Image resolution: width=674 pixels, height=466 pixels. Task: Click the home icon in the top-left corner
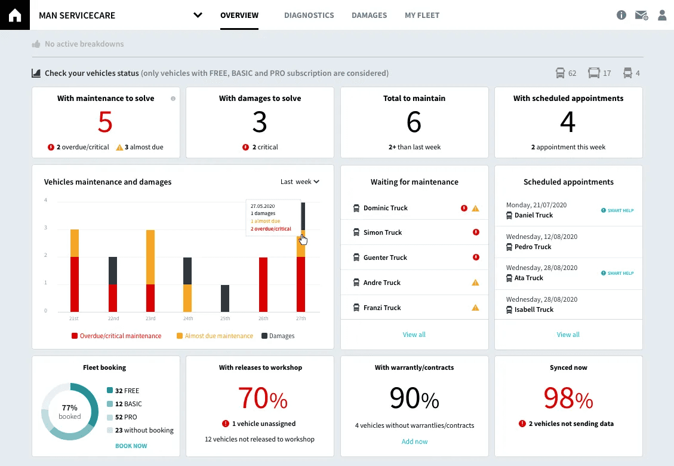(14, 15)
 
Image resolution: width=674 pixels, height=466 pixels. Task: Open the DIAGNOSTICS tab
(309, 16)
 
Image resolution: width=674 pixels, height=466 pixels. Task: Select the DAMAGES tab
(369, 16)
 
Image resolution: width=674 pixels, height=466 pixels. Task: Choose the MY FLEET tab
(421, 16)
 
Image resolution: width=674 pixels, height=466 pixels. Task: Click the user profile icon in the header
(661, 16)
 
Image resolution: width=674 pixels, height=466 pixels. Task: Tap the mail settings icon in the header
(641, 16)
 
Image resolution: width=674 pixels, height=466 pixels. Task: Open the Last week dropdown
(300, 182)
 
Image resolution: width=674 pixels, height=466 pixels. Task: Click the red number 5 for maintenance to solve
(105, 122)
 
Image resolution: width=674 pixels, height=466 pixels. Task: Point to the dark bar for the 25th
(225, 298)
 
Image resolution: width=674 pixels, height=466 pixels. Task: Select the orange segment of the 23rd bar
(150, 257)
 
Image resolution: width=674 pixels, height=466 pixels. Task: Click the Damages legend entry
(278, 336)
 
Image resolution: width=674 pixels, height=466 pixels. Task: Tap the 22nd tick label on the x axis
(112, 319)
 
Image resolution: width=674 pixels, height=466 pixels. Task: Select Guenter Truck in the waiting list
(385, 257)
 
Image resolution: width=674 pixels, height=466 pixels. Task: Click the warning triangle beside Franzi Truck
(475, 308)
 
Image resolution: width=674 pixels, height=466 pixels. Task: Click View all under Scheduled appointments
(568, 335)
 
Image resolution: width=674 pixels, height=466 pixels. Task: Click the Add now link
(414, 442)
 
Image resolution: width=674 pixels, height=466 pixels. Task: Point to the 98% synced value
(568, 398)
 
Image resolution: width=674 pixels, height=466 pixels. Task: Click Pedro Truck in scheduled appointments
(533, 247)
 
